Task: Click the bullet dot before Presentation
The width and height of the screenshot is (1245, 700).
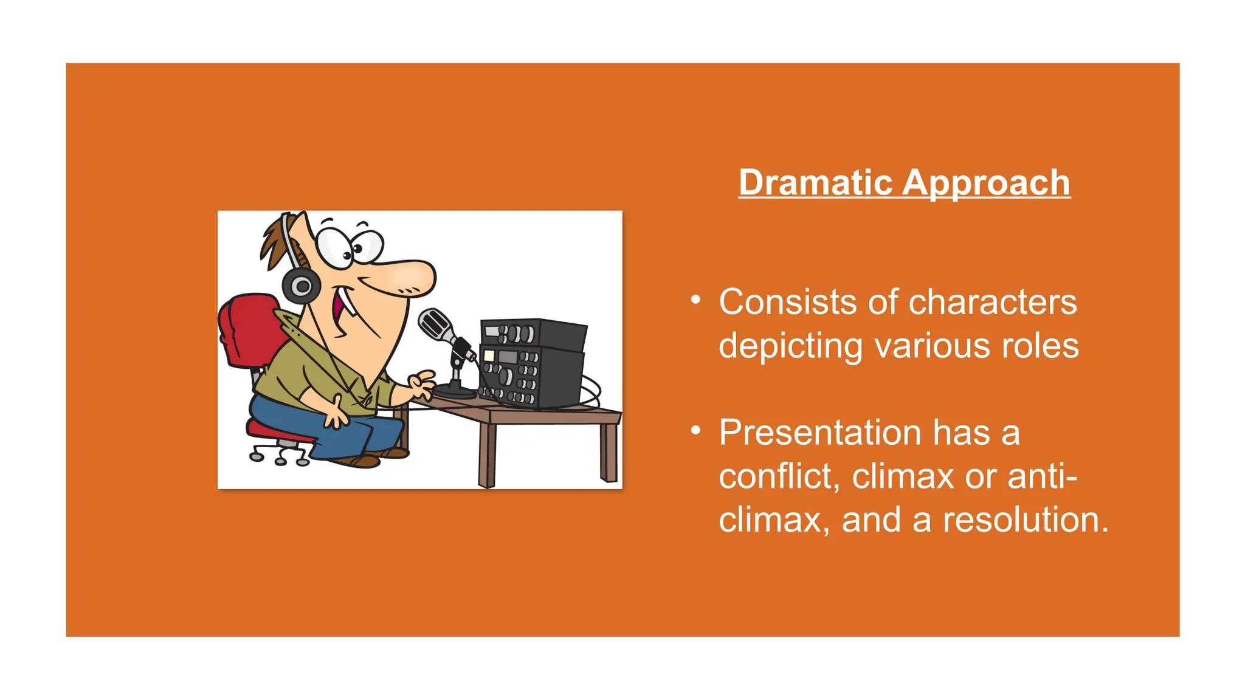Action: pyautogui.click(x=696, y=431)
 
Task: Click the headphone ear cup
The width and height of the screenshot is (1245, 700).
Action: pyautogui.click(x=301, y=286)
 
